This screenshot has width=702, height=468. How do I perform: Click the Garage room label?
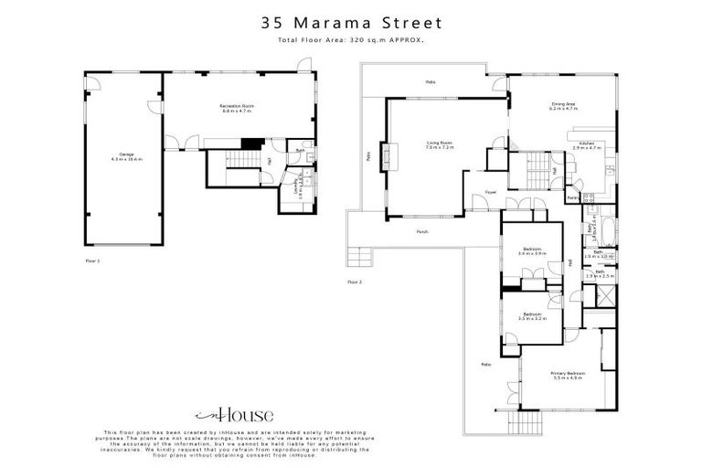click(119, 157)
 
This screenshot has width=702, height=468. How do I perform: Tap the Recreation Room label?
click(236, 109)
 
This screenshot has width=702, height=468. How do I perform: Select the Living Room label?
click(440, 144)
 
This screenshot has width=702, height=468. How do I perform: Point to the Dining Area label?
click(562, 106)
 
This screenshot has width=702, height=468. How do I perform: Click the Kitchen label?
click(585, 145)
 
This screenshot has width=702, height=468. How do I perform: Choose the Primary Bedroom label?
click(568, 375)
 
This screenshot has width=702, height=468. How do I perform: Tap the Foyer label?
click(490, 192)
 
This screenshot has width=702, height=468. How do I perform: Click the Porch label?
click(421, 231)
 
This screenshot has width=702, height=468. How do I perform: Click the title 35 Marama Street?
click(351, 22)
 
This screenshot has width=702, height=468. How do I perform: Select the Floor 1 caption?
click(91, 261)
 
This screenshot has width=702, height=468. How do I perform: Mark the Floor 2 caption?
click(355, 282)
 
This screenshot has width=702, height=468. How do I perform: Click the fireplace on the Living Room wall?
click(388, 156)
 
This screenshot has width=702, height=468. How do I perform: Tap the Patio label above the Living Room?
click(430, 82)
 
